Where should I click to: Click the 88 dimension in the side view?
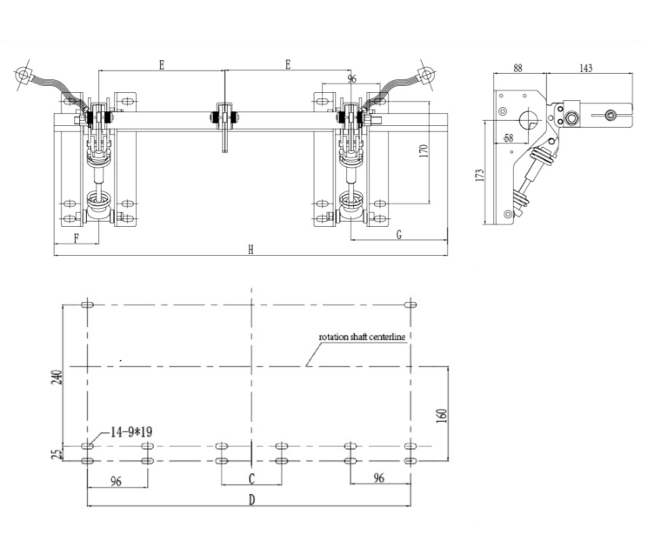click(x=518, y=68)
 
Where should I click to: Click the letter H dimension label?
click(x=250, y=250)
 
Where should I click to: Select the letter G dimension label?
click(x=398, y=236)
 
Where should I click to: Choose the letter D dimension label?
click(x=250, y=499)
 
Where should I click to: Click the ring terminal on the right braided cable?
click(x=425, y=74)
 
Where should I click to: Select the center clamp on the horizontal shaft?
click(x=224, y=117)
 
